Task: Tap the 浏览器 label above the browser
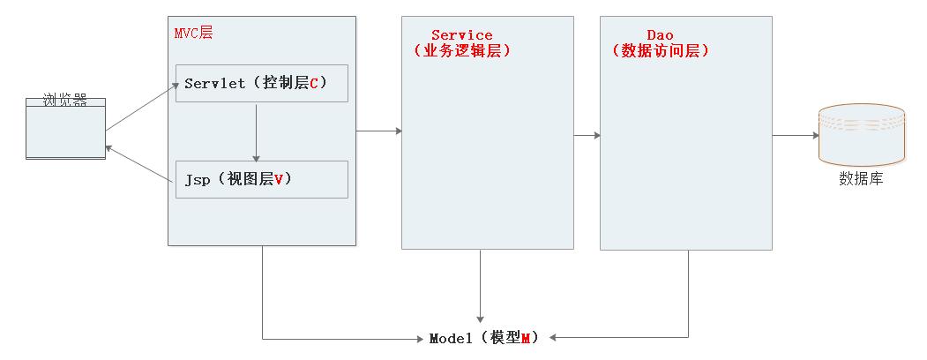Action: coord(65,101)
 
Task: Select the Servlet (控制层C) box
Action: coord(262,83)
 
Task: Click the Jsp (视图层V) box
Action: coord(262,179)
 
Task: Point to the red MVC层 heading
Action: coord(193,33)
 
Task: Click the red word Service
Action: coord(462,35)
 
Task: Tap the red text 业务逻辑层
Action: coord(462,51)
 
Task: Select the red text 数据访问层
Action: coord(661,51)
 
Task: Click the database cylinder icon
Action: coord(861,134)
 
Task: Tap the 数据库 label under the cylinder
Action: coord(861,179)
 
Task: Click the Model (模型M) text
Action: coord(483,338)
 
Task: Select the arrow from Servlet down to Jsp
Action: coord(256,131)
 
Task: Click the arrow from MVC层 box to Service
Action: coord(378,131)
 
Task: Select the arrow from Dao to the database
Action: coord(796,136)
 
